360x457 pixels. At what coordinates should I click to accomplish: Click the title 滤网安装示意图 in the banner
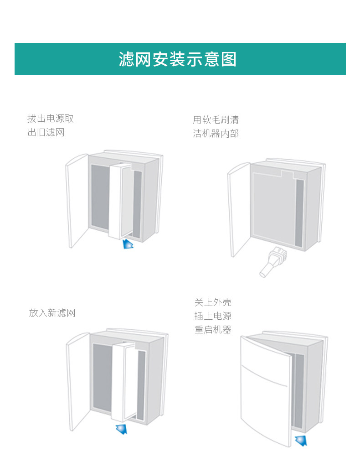(x=178, y=59)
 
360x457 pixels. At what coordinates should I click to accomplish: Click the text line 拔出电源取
(x=50, y=119)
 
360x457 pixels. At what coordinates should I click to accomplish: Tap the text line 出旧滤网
(x=46, y=133)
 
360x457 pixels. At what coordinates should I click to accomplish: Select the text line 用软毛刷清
(x=216, y=120)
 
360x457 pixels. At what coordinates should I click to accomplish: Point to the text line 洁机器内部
(x=216, y=134)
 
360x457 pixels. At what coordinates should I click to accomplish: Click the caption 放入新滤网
(x=52, y=313)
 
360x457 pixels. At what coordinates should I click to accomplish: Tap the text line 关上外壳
(x=213, y=302)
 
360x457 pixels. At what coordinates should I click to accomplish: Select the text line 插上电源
(x=213, y=316)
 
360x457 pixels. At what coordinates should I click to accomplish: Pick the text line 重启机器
(x=213, y=329)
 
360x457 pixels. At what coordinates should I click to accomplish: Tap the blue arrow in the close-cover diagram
(x=301, y=440)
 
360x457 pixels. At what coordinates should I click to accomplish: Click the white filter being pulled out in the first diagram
(x=121, y=201)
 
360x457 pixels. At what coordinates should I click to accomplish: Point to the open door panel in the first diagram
(x=77, y=201)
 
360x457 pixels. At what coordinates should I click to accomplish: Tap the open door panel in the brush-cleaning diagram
(x=238, y=210)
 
